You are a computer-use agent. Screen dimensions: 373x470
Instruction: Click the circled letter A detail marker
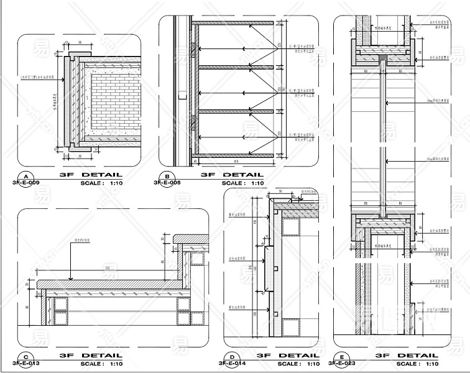tap(25, 176)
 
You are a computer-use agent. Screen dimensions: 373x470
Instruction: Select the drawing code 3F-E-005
tap(167, 183)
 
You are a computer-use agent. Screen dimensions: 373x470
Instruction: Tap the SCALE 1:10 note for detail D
tap(299, 364)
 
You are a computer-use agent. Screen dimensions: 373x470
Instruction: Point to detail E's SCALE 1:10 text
tap(417, 364)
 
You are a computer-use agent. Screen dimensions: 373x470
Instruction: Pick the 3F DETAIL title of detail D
tap(288, 356)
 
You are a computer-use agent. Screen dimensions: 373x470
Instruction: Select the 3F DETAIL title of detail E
tap(407, 356)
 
